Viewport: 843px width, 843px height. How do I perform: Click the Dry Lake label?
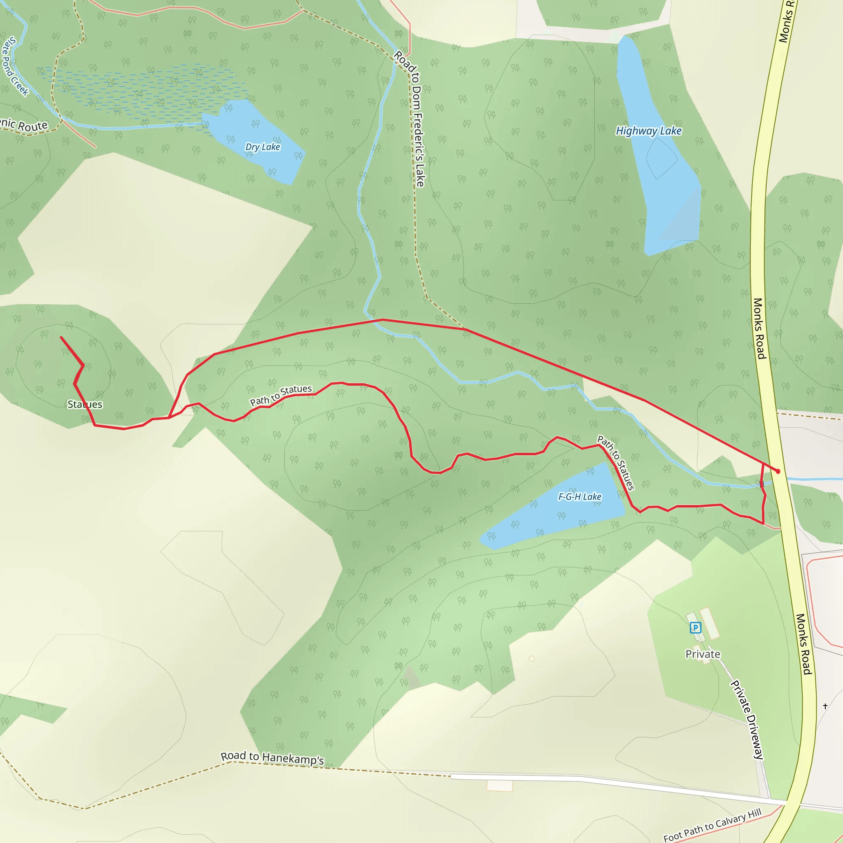tap(262, 147)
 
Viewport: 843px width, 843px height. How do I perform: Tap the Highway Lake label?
tap(648, 131)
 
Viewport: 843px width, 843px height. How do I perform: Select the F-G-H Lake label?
tap(580, 496)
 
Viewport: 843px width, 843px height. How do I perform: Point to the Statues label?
tap(85, 405)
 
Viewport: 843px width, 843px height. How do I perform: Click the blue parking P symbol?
tap(695, 628)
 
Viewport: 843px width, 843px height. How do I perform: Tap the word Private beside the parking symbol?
tap(703, 654)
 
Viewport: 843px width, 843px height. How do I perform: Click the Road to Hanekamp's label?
tap(272, 758)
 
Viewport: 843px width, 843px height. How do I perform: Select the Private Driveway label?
tap(747, 720)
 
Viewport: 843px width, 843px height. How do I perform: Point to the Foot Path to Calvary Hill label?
tap(712, 825)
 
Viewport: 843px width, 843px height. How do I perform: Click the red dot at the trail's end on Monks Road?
tap(778, 471)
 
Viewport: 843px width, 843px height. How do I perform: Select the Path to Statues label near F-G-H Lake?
tap(615, 463)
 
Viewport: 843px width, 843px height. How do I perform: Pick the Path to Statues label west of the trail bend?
tap(281, 395)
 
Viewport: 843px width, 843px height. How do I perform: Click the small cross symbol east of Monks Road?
tap(825, 706)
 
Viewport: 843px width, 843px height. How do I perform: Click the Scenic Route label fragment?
tap(24, 125)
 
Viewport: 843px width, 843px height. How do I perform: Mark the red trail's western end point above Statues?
tap(61, 337)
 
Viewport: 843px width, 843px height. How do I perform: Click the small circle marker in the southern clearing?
tap(531, 659)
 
